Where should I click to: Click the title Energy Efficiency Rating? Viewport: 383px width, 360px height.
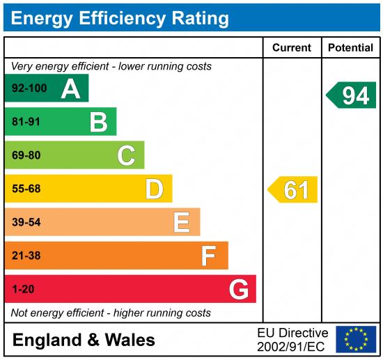[120, 17]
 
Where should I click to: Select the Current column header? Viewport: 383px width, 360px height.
[291, 48]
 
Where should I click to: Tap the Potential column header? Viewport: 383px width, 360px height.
[350, 48]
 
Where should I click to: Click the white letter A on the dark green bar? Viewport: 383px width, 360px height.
[70, 88]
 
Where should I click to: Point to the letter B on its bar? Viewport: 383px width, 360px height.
[98, 122]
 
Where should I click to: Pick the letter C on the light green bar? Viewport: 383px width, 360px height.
[126, 155]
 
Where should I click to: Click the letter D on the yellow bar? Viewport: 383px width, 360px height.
[154, 189]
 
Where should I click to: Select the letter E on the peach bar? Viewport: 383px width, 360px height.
[182, 222]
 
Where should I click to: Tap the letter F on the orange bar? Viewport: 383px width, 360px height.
[209, 256]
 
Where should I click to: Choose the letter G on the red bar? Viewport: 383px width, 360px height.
[238, 289]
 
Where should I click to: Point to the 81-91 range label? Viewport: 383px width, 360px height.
[26, 122]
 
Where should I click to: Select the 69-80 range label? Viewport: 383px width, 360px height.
[26, 155]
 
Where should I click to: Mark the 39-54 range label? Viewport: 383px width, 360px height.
[26, 222]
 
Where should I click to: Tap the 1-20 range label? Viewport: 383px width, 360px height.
[23, 289]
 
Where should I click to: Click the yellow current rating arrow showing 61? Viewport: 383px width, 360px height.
[293, 189]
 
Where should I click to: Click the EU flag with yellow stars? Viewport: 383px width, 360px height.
[356, 339]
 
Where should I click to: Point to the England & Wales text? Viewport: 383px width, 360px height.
[84, 341]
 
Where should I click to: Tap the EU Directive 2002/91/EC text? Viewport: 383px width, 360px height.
[292, 339]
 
